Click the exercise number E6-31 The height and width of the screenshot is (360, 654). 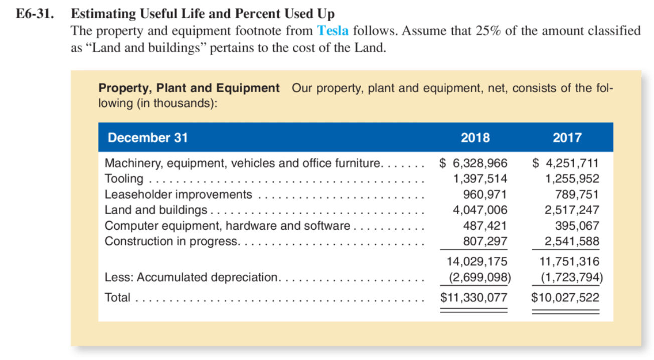(x=34, y=14)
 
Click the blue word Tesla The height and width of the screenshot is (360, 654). (x=333, y=31)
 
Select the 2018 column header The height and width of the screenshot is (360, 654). (x=475, y=138)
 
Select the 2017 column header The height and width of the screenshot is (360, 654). (x=567, y=138)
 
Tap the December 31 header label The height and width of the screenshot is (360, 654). (x=147, y=138)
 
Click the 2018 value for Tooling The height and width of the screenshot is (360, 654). (x=480, y=178)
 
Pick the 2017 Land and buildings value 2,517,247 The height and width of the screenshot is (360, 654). (x=572, y=210)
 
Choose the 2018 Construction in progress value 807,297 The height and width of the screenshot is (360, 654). (x=484, y=241)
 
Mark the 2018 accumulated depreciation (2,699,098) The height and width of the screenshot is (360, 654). (x=479, y=277)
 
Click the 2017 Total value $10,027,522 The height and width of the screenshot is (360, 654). (x=565, y=297)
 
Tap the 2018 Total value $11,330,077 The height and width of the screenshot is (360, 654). (x=473, y=297)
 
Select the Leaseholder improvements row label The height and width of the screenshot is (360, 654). (x=178, y=194)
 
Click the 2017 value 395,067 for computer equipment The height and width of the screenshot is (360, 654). (x=576, y=226)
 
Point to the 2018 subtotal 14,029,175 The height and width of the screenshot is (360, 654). (x=476, y=261)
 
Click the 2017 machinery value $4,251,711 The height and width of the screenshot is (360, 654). (x=565, y=163)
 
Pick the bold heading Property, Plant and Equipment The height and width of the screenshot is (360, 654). (x=189, y=88)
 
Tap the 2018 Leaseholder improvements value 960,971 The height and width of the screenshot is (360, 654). (x=484, y=194)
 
